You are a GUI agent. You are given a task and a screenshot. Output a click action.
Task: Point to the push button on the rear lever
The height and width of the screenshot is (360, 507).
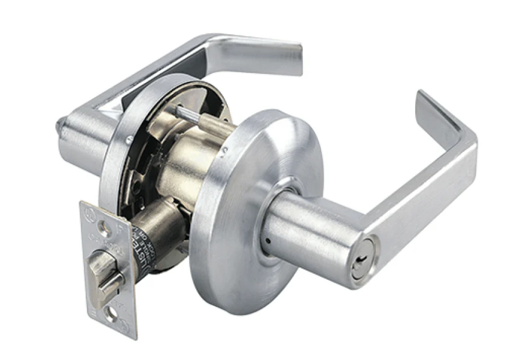coord(60,124)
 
